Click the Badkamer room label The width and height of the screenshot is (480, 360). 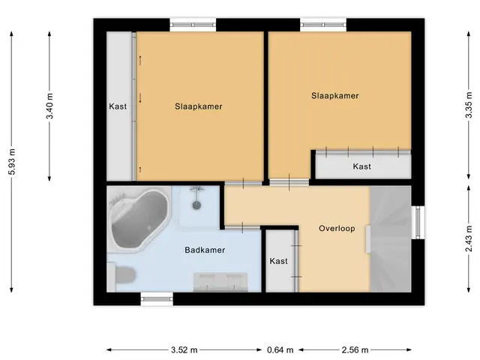point(205,250)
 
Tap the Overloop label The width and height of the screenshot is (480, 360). point(337,228)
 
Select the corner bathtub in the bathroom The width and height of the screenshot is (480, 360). point(138,219)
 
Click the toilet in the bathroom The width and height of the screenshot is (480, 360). point(121,275)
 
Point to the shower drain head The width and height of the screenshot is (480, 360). point(196,205)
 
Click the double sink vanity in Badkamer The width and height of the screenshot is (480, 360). point(220,282)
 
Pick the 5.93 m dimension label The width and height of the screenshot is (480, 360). point(12,162)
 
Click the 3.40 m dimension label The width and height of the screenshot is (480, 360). point(49,106)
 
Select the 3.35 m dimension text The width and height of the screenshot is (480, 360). point(468,105)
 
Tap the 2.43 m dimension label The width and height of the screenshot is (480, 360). point(468,238)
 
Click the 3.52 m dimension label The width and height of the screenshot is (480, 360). point(184,349)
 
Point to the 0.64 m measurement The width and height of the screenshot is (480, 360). point(280,349)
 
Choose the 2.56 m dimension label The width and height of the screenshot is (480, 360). point(355,349)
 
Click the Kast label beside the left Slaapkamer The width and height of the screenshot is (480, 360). point(118,106)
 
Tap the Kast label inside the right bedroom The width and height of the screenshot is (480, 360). point(361,166)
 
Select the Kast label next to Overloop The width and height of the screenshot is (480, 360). point(278,261)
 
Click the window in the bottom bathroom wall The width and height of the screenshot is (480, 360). point(157,298)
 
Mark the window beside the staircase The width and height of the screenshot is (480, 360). point(418,222)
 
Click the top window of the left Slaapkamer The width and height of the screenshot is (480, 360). point(193,25)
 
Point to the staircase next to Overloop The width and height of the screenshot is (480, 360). point(391,238)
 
